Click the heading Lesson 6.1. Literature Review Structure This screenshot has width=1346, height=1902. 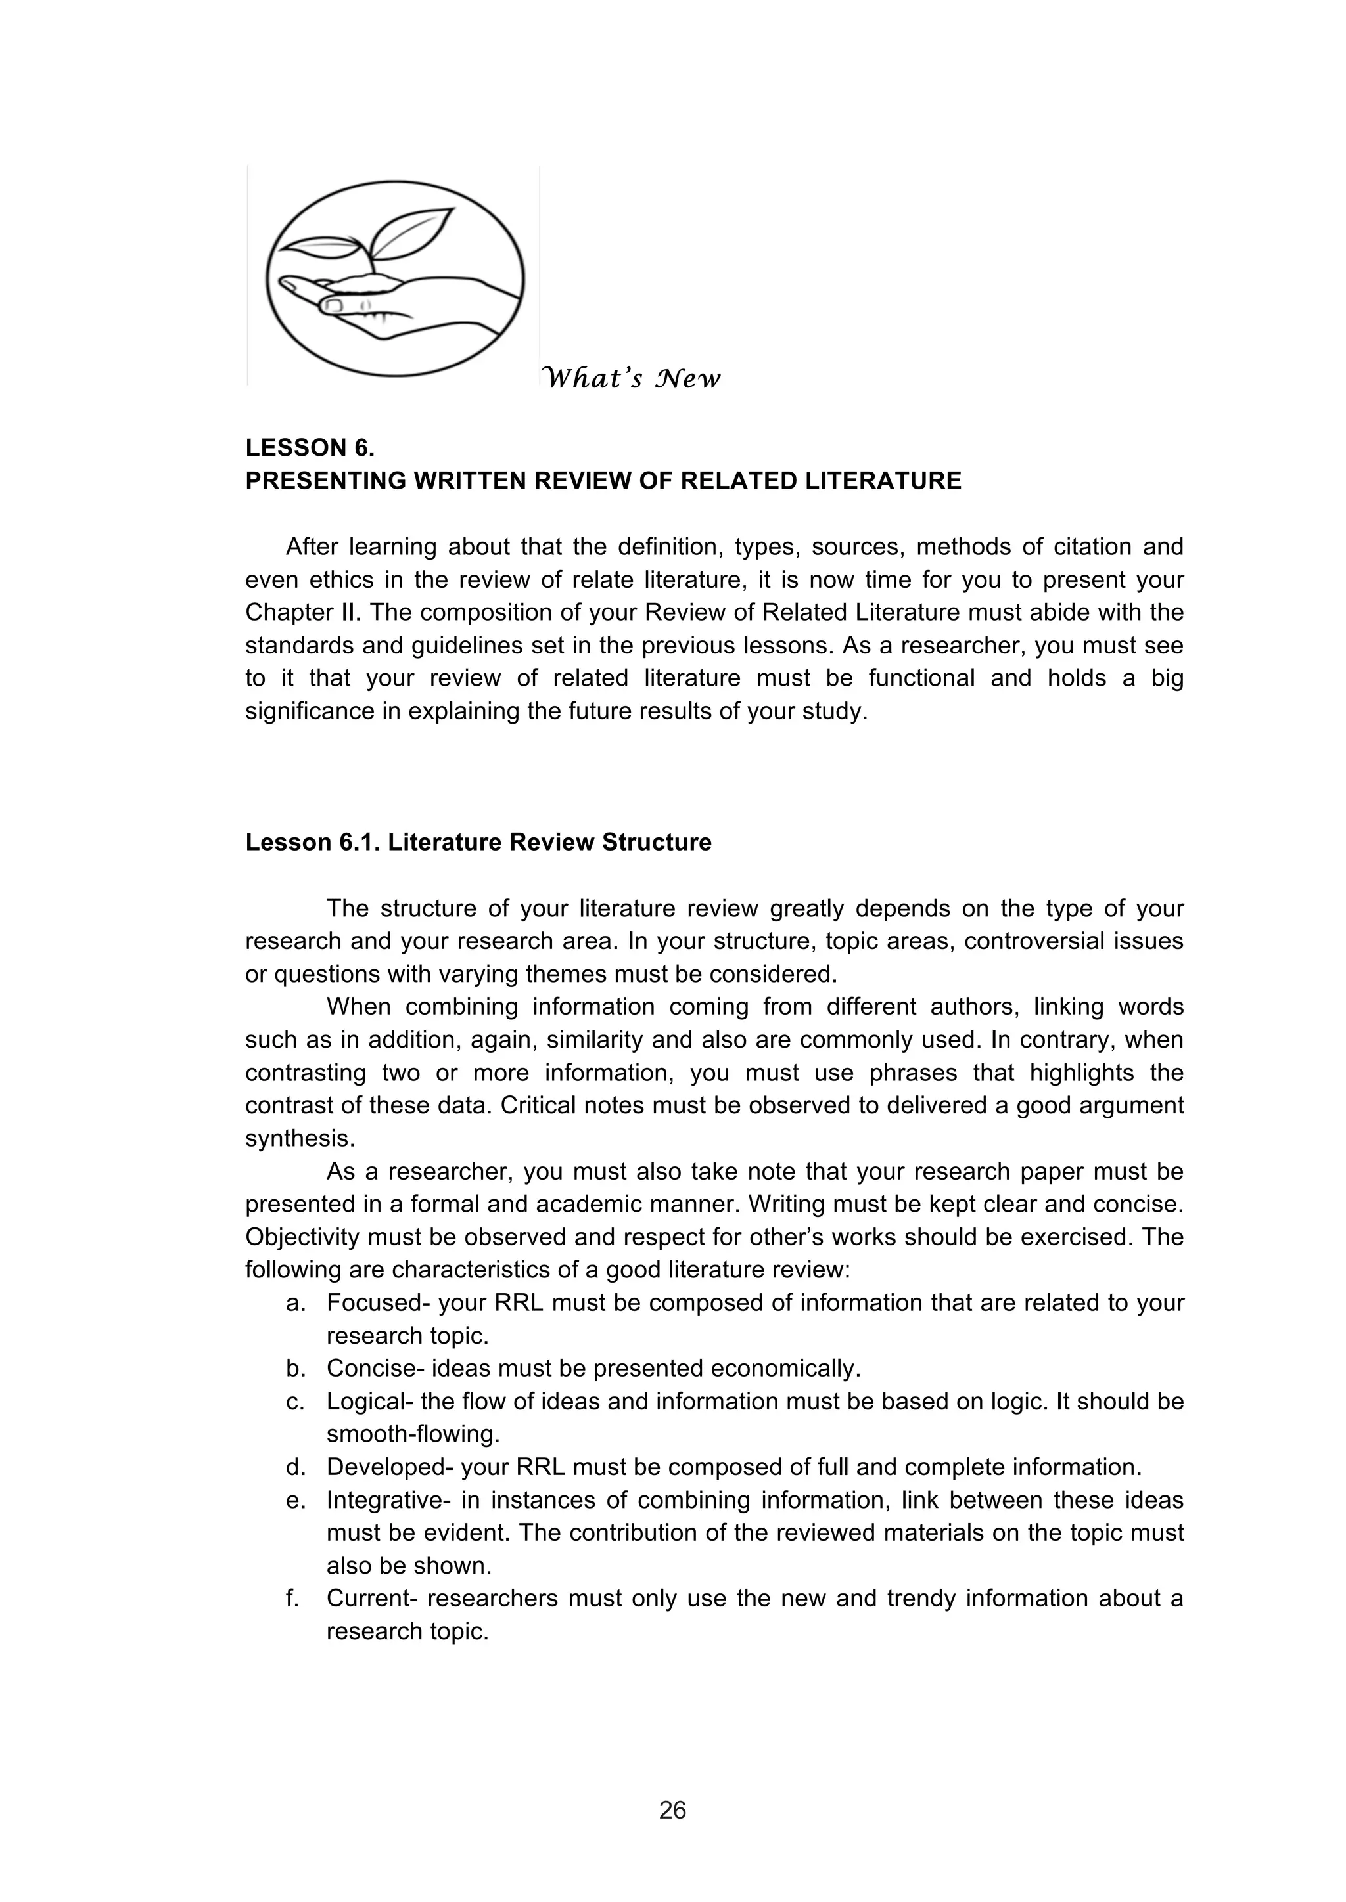click(478, 843)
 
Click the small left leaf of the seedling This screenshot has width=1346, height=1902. click(319, 247)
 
